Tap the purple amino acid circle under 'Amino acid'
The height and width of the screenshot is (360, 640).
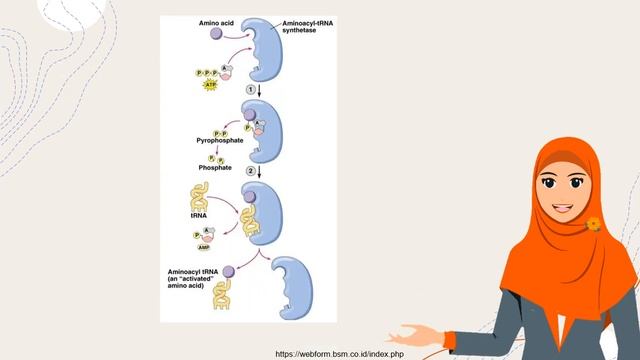click(x=215, y=34)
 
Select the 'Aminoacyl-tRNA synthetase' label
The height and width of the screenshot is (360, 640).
click(x=305, y=24)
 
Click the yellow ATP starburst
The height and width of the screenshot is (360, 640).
click(x=210, y=86)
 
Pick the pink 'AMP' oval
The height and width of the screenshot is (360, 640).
click(x=204, y=246)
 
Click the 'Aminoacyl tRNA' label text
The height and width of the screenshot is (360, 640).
click(x=197, y=272)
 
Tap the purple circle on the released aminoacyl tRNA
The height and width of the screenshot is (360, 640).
click(x=229, y=270)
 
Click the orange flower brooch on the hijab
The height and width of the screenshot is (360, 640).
click(x=594, y=224)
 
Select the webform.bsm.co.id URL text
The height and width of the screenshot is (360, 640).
click(x=339, y=353)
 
